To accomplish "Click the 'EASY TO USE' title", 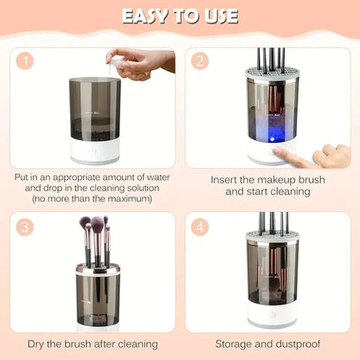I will [x=180, y=17].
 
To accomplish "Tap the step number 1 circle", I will [x=28, y=62].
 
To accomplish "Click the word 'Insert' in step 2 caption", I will [x=227, y=180].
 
